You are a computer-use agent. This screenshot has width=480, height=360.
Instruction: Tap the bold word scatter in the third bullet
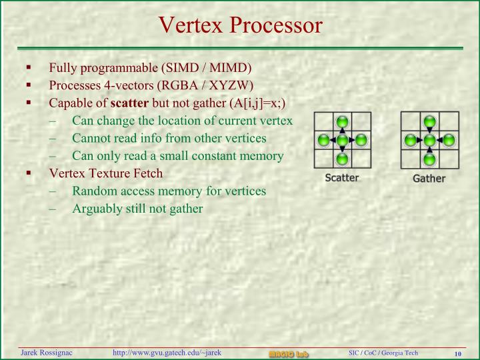coord(130,103)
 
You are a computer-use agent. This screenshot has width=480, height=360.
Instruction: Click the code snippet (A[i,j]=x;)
coord(257,103)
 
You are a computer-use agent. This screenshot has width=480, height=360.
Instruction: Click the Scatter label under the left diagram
coord(341,178)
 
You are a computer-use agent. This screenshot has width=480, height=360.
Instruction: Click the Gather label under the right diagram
coord(429,179)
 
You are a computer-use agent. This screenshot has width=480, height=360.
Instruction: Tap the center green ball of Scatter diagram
coord(342,141)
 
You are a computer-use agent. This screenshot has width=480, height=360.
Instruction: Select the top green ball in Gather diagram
coord(429,122)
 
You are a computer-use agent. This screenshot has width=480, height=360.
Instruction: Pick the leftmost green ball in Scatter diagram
coord(323,141)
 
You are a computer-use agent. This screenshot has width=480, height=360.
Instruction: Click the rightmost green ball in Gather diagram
coord(449,141)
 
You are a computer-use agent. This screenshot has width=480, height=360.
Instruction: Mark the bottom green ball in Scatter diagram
coord(342,159)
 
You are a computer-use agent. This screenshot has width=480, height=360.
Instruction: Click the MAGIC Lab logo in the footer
coord(288,353)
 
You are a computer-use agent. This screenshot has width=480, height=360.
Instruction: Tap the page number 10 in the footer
coord(458,353)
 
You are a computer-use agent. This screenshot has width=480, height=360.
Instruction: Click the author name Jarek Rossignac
coord(46,353)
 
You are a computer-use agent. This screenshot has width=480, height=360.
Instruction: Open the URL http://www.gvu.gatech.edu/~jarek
coord(167,353)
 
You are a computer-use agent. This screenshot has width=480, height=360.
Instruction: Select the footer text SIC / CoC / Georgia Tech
coord(383,353)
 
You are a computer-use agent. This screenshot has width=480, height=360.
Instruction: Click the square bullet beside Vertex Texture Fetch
coord(29,173)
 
